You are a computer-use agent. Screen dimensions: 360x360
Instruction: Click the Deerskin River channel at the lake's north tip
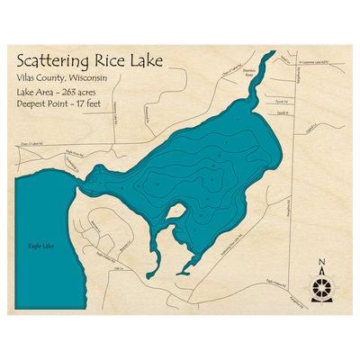coord(256,76)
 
